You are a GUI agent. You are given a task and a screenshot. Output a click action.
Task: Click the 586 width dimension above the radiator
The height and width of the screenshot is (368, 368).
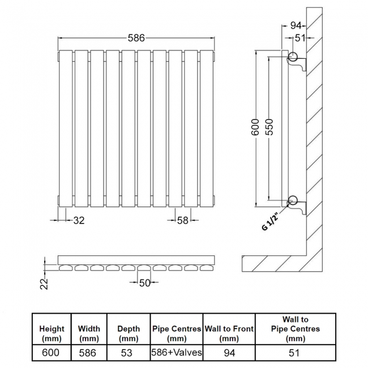136,38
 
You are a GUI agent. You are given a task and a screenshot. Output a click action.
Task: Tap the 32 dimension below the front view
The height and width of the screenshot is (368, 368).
79,220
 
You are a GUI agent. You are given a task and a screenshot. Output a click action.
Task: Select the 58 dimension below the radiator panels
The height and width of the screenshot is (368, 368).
183,220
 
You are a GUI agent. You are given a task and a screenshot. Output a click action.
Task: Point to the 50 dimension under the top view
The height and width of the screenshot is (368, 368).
144,283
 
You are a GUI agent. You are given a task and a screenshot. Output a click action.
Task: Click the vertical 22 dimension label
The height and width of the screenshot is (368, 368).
44,284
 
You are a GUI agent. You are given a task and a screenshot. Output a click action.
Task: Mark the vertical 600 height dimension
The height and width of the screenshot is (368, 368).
255,127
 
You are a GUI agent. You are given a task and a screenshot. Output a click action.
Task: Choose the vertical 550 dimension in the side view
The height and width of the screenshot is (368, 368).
269,127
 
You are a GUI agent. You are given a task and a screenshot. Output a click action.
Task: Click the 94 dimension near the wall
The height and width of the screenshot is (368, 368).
296,25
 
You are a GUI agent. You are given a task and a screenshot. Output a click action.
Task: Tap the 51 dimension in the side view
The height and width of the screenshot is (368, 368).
300,38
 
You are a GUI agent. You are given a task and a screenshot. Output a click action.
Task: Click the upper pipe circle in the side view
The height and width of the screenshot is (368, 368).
293,56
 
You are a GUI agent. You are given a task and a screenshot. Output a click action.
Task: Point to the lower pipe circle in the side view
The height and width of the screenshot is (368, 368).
293,200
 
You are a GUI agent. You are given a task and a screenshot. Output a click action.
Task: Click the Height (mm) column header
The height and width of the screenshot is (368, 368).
52,333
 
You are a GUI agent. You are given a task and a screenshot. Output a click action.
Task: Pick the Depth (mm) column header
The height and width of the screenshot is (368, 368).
129,333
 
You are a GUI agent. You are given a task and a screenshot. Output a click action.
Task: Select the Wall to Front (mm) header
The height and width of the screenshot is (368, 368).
229,333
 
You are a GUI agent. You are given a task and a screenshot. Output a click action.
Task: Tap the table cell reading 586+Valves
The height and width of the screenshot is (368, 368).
177,353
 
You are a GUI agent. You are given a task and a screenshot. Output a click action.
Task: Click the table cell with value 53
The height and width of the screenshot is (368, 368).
127,353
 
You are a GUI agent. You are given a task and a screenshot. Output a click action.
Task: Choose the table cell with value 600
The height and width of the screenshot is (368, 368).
51,353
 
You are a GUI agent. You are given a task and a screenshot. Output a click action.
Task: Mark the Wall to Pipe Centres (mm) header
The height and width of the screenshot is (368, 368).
296,329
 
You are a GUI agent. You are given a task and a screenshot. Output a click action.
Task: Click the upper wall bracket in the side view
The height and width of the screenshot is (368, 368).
298,63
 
